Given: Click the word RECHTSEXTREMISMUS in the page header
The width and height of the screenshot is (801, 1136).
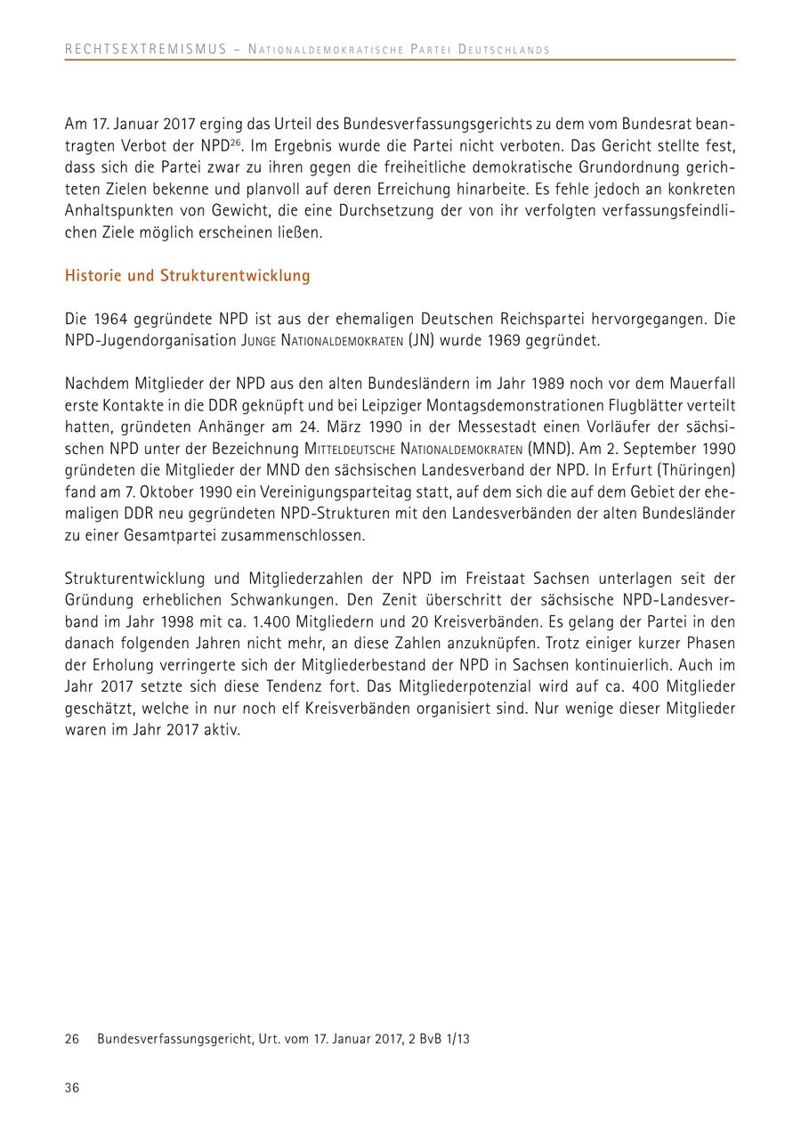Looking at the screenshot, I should pos(146,49).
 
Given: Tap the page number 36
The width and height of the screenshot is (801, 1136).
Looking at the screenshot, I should pos(72,1087).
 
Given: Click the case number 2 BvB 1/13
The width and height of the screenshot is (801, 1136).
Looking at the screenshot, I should pos(437,1038).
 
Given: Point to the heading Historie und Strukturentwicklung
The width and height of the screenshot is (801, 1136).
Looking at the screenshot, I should pos(188,276).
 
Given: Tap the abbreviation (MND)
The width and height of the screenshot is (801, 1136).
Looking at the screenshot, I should pos(551,447).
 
